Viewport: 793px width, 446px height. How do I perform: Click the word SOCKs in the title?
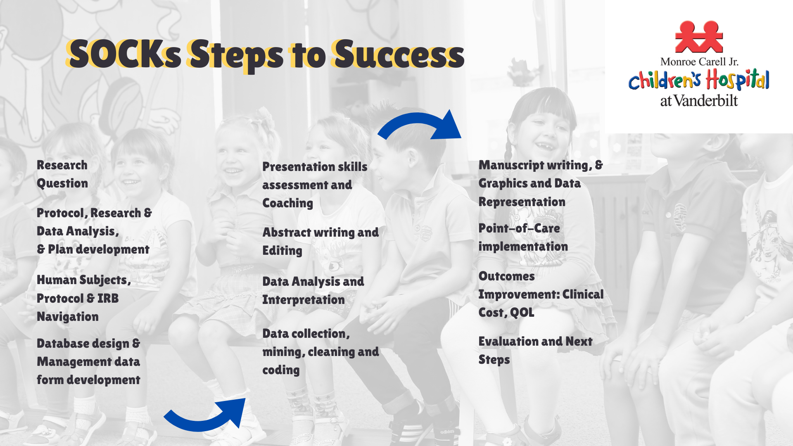pos(124,54)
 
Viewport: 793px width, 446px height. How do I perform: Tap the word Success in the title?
pos(399,54)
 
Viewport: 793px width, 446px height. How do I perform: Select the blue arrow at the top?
pos(419,124)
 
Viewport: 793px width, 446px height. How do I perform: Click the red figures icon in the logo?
pos(699,37)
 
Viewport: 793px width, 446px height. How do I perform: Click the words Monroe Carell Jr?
pos(699,62)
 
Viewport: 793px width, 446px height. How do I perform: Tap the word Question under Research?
pos(62,184)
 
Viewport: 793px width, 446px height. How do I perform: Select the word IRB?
pos(108,298)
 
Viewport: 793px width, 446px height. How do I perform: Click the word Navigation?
pos(68,317)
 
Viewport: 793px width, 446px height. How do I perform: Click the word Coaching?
pos(288,204)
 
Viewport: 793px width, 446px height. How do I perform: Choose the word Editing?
pos(283,251)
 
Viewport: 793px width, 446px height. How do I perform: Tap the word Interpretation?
pos(304,300)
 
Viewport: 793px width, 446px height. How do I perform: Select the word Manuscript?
pos(511,166)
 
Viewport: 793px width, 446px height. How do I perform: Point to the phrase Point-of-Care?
pos(519,228)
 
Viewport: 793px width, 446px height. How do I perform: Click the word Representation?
pos(522,202)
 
